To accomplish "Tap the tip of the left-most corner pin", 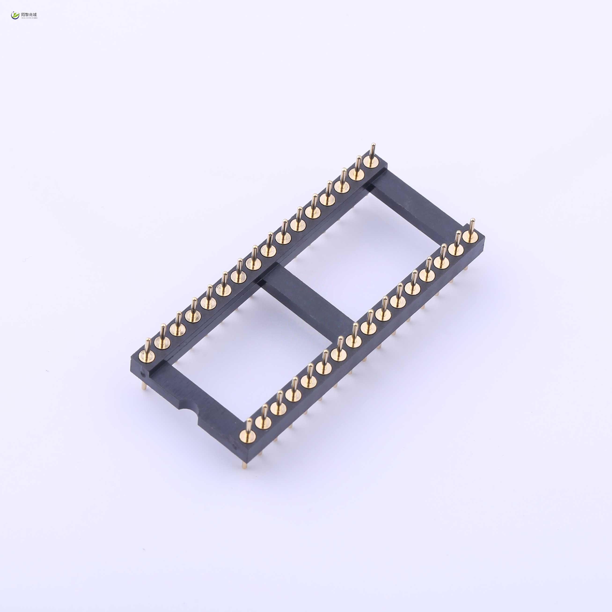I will [x=148, y=340].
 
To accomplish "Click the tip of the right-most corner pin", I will [x=472, y=220].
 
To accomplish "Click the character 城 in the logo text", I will [x=35, y=14].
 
